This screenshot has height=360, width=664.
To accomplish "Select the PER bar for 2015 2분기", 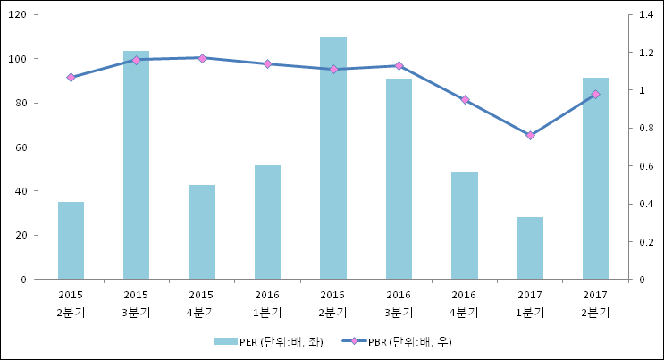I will (x=71, y=240).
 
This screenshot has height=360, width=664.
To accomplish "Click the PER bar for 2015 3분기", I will (x=136, y=165).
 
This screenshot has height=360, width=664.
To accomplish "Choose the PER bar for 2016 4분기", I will (x=465, y=225).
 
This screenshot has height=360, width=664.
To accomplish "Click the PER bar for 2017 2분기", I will (x=595, y=179).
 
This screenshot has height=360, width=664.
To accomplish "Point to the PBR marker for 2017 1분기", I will (x=530, y=135).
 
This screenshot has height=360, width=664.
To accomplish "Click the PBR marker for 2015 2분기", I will (x=71, y=78).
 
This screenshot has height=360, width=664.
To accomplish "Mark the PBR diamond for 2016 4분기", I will (x=465, y=99).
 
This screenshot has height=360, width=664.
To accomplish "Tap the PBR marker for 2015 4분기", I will (x=202, y=58).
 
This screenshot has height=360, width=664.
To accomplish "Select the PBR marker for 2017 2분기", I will (x=595, y=94).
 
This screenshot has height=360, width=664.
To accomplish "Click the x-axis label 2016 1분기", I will (x=267, y=303).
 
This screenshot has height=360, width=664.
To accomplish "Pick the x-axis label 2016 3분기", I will (x=399, y=303).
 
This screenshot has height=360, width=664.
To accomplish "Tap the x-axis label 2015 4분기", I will (x=202, y=303).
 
